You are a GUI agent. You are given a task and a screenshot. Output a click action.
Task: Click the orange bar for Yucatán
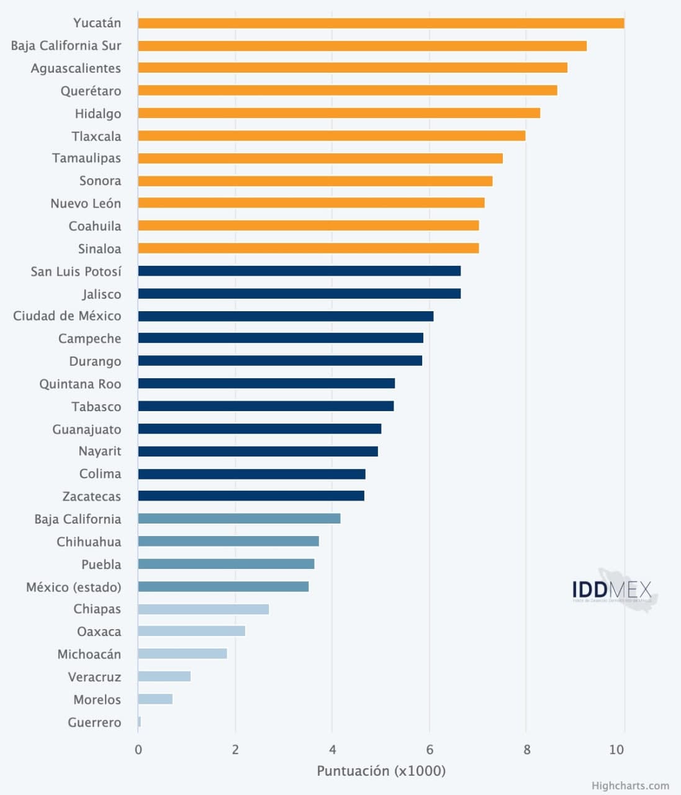pyautogui.click(x=381, y=24)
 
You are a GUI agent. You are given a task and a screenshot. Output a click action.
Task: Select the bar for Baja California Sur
pyautogui.click(x=362, y=46)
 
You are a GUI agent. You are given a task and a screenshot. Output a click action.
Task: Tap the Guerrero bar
pyautogui.click(x=140, y=722)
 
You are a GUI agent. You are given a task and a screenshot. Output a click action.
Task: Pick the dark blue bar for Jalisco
pyautogui.click(x=299, y=294)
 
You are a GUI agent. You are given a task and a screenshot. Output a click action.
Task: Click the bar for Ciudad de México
pyautogui.click(x=286, y=316)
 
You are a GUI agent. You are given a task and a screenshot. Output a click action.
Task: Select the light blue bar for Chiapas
pyautogui.click(x=203, y=609)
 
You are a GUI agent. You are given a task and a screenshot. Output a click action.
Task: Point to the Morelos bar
pyautogui.click(x=155, y=699)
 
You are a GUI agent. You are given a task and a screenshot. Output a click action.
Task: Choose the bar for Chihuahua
pyautogui.click(x=228, y=542)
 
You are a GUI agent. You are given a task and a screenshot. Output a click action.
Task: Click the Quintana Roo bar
pyautogui.click(x=266, y=384)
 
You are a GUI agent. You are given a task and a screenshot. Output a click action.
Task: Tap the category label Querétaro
pyautogui.click(x=91, y=91)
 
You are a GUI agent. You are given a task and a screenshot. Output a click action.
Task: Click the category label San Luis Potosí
pyautogui.click(x=76, y=271)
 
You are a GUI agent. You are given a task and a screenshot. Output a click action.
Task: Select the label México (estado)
pyautogui.click(x=73, y=587)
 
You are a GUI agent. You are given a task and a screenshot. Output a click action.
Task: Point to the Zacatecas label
pyautogui.click(x=91, y=496)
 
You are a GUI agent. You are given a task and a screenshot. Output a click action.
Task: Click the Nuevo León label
pyautogui.click(x=86, y=204)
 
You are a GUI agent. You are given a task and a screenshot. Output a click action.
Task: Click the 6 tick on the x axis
pyautogui.click(x=430, y=750)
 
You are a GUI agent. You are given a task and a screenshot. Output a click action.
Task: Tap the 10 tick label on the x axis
pyautogui.click(x=616, y=750)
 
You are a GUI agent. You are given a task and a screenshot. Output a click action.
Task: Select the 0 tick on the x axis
pyautogui.click(x=138, y=750)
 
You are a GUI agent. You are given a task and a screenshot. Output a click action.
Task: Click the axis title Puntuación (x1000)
pyautogui.click(x=381, y=771)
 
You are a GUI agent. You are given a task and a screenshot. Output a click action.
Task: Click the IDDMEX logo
pyautogui.click(x=613, y=590)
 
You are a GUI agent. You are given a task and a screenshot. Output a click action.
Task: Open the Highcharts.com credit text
pyautogui.click(x=630, y=786)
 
